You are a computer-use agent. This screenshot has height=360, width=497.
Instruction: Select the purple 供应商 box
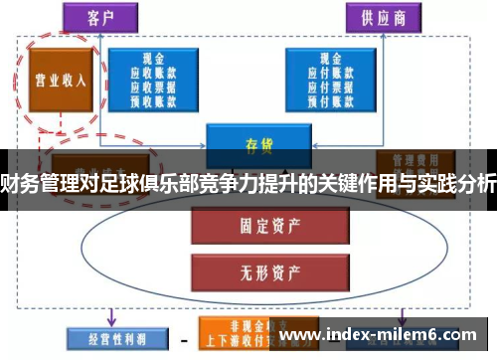pyautogui.click(x=380, y=19)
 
